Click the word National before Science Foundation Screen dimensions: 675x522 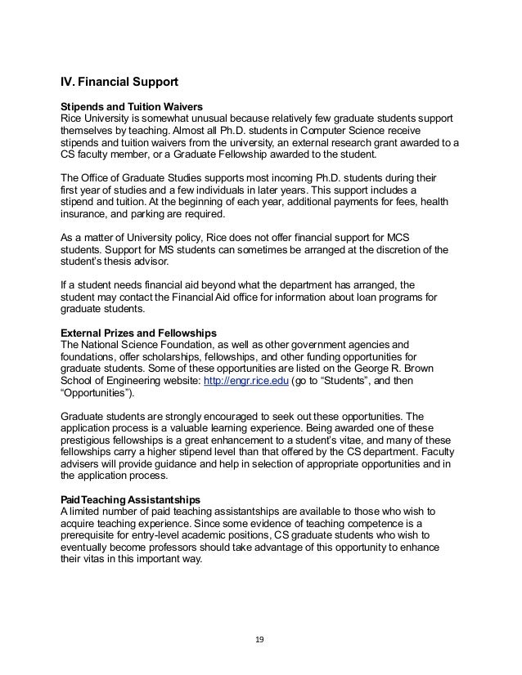click(105, 345)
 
